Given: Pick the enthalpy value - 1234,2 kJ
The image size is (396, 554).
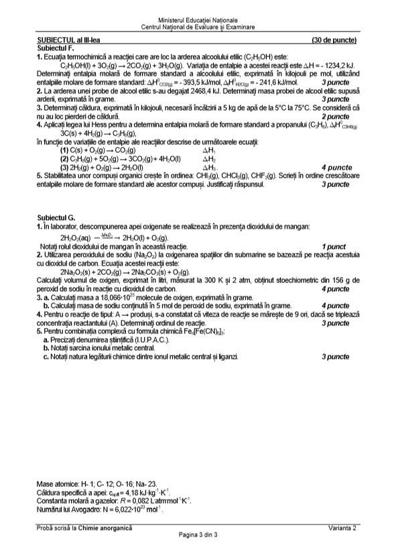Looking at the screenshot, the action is tap(333, 66).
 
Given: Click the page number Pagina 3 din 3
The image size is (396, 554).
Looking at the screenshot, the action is tap(198, 535).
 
